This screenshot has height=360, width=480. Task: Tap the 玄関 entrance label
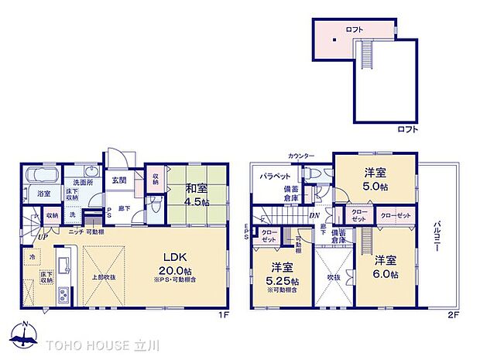coord(118,180)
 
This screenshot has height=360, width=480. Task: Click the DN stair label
coord(315,215)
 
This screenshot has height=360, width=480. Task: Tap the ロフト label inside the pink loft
coord(355,29)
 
